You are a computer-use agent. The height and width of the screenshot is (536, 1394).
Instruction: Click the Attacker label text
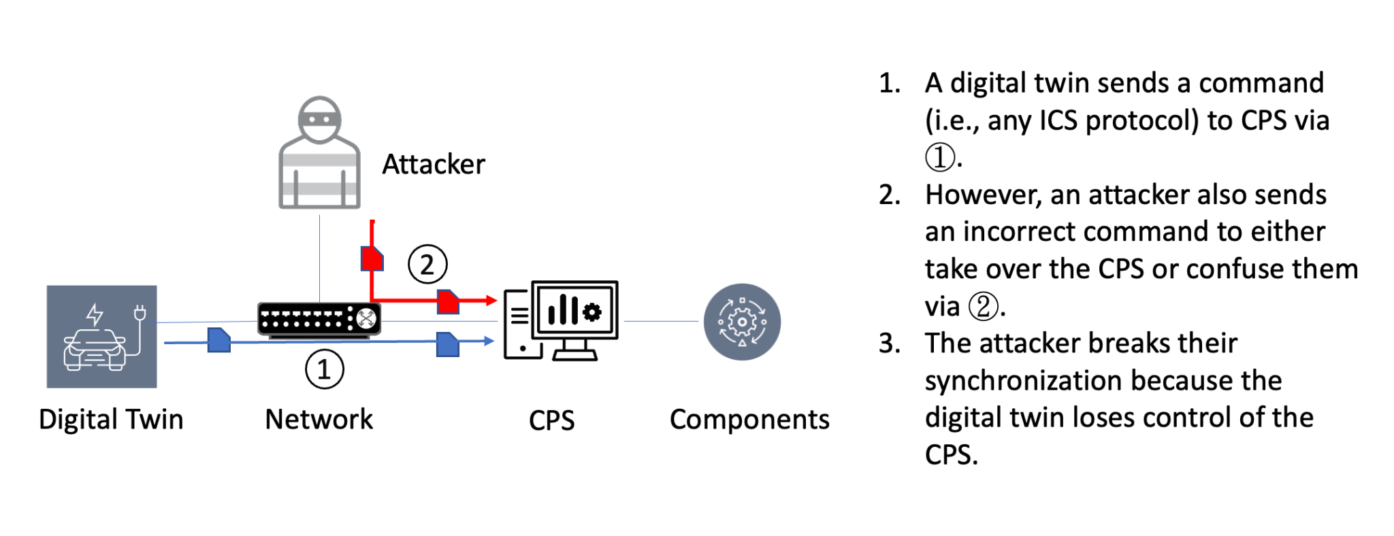(434, 165)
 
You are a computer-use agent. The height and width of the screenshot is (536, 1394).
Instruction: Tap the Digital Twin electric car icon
(101, 337)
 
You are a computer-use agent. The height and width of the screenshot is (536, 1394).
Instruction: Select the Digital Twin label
(111, 420)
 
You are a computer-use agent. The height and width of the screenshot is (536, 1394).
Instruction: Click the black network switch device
(319, 319)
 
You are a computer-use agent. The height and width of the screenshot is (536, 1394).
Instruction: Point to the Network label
(319, 420)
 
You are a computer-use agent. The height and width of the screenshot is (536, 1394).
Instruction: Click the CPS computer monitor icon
(562, 320)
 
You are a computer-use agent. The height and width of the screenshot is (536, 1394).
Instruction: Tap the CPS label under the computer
(551, 420)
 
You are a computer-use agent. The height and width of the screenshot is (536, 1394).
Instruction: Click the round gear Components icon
(742, 322)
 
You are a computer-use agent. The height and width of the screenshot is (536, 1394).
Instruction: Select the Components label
(749, 420)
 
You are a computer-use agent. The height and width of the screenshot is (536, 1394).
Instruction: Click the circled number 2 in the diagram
(427, 265)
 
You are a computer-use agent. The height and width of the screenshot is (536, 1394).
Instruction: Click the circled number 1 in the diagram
(324, 369)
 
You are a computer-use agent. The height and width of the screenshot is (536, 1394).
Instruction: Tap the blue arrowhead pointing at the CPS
(488, 341)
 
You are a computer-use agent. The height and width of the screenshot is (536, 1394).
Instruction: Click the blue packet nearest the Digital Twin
(218, 340)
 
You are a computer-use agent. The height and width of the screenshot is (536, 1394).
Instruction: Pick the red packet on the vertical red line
(372, 258)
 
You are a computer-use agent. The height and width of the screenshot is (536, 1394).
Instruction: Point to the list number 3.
(889, 344)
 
